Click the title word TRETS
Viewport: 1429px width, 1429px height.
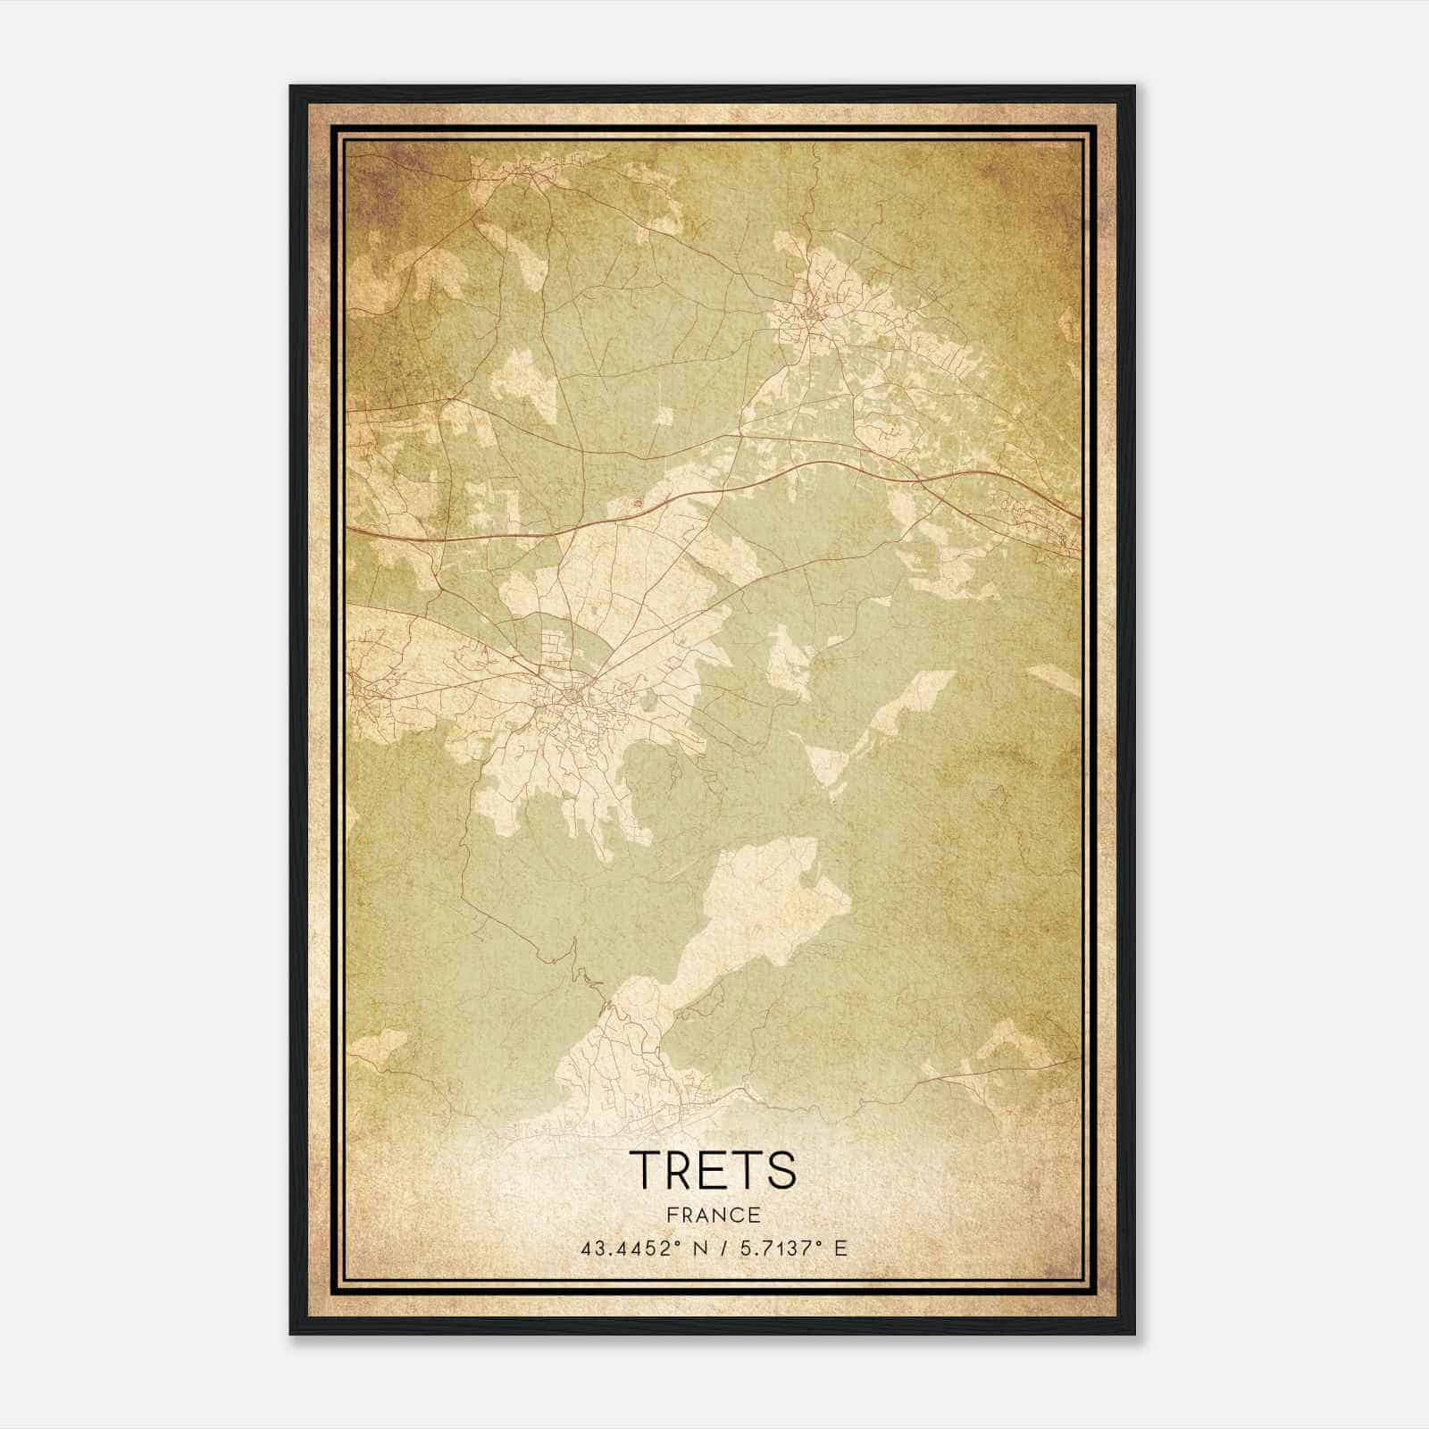(x=713, y=1170)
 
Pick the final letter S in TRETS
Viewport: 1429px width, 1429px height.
(x=781, y=1170)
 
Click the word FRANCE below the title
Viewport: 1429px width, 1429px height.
(x=713, y=1215)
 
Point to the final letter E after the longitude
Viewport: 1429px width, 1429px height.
(x=840, y=1248)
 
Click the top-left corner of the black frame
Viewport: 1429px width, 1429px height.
(x=291, y=87)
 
